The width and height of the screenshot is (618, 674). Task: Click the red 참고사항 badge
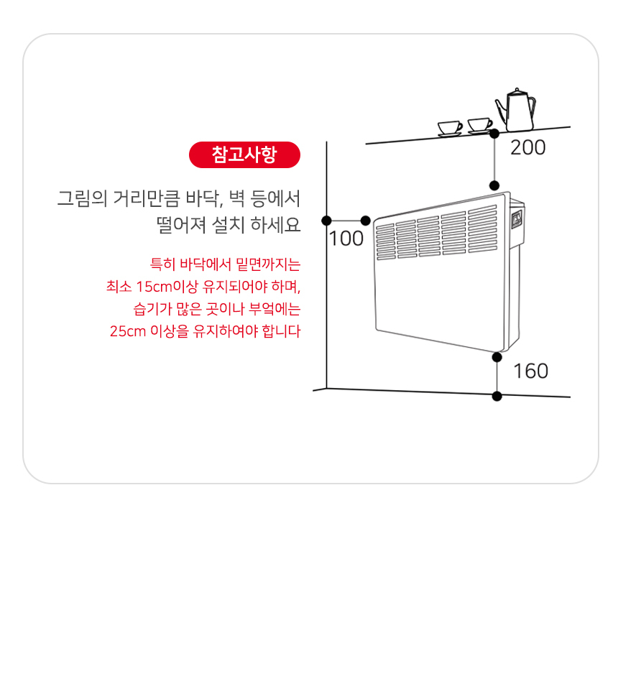[244, 154]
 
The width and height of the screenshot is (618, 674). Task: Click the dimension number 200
[527, 148]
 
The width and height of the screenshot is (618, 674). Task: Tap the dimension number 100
[346, 239]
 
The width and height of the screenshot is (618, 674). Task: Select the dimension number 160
[530, 371]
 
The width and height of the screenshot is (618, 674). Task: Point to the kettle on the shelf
[515, 109]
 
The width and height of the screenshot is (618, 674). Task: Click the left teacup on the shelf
[451, 128]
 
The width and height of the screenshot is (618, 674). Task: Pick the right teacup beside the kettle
[479, 126]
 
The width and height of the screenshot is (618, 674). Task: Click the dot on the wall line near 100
[327, 221]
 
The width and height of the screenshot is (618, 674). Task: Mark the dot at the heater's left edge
[366, 221]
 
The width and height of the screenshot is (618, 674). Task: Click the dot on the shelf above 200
[494, 134]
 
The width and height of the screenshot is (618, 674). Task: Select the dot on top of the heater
[494, 185]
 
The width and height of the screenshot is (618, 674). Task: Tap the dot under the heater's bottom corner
[497, 357]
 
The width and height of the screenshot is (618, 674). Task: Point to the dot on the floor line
[497, 395]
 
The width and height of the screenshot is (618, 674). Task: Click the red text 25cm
[127, 332]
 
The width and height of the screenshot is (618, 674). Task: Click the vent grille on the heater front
[435, 232]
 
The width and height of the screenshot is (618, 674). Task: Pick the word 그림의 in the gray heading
[81, 198]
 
